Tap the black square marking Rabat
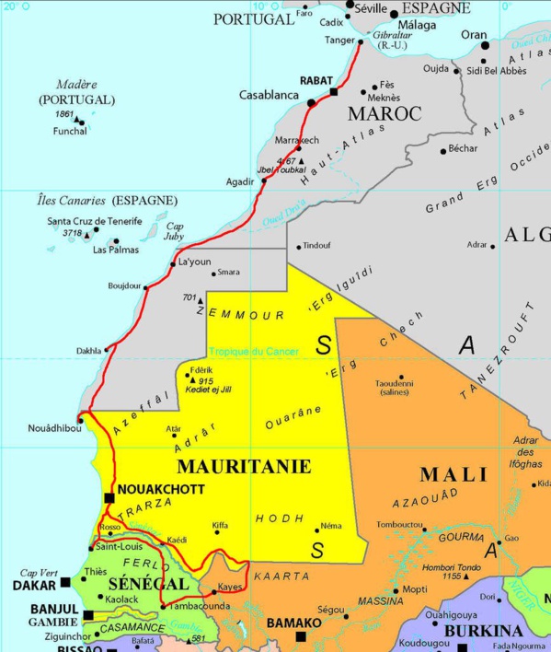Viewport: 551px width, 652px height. pos(334,92)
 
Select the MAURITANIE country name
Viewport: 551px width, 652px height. pos(243,466)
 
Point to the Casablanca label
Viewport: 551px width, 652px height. pos(269,94)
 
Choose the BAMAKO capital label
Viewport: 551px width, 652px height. pos(294,623)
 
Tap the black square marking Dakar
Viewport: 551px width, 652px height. pos(65,583)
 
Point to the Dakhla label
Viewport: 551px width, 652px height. pos(88,351)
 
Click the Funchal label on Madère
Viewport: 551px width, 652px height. pos(70,131)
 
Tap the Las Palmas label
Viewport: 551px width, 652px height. pos(114,250)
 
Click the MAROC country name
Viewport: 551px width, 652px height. pos(385,113)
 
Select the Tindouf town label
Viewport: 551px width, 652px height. pos(316,246)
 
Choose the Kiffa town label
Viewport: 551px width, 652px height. pos(220,526)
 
